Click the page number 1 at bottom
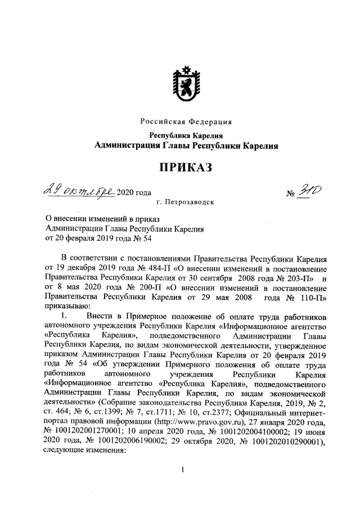(x=183, y=470)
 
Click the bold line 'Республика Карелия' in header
(x=186, y=136)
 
